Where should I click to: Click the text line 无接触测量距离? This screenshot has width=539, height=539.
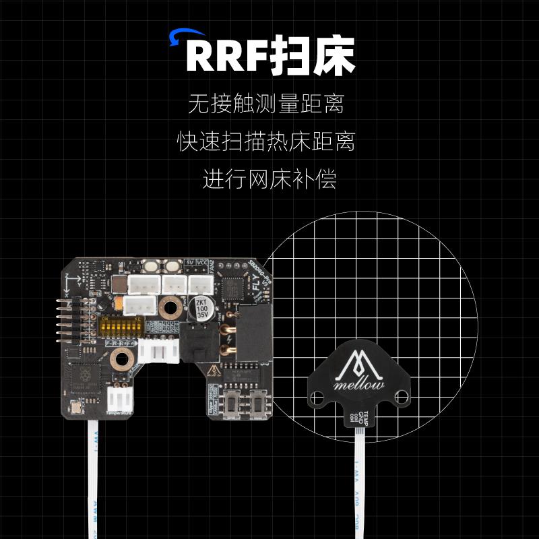click(267, 105)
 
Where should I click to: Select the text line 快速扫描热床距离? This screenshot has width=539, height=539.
click(267, 142)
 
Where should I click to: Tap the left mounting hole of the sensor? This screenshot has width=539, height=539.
click(317, 397)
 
